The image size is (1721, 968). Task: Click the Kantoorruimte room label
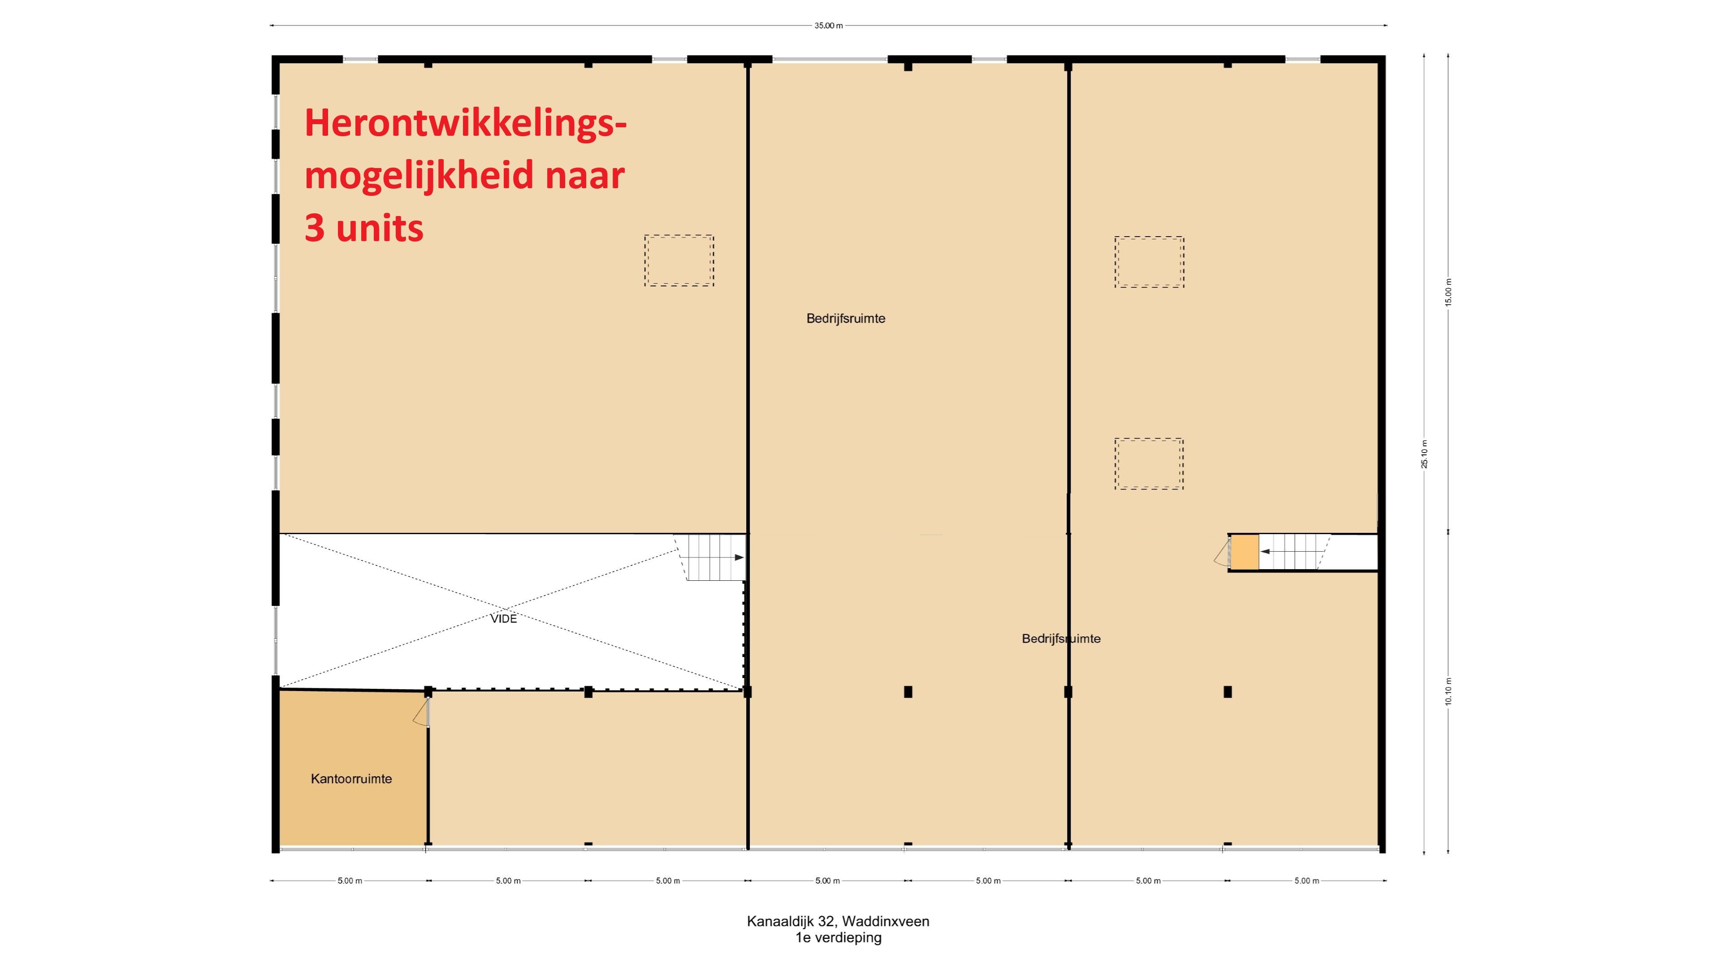coord(351,778)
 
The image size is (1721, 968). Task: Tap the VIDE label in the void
coord(504,618)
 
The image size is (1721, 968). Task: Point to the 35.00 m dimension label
coord(828,26)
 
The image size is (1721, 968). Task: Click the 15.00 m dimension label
coord(1449,292)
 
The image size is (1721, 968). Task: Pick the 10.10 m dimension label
coord(1449,691)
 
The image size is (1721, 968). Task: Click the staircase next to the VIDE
coord(710,557)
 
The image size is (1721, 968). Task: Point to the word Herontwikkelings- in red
coord(466,124)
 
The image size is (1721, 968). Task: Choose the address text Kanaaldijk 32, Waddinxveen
coord(838,921)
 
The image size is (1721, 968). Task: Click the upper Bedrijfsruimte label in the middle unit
coord(846,319)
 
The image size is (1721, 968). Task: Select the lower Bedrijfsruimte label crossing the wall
coord(1061,639)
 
